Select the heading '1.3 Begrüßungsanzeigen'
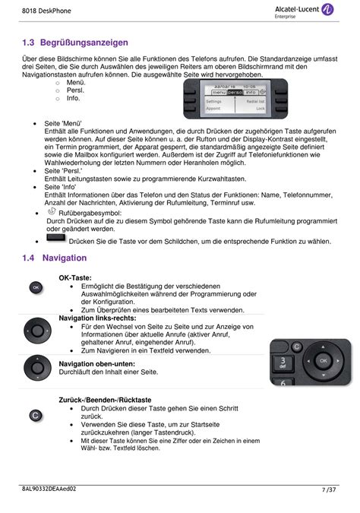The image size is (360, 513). coord(75,43)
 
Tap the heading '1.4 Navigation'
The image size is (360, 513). coord(54,258)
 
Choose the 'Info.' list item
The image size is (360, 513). coord(74,99)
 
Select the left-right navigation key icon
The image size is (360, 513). coord(36,331)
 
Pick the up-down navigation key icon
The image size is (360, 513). coord(36,372)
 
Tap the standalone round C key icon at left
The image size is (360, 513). coord(35,416)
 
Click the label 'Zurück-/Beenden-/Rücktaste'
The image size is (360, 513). coord(105,400)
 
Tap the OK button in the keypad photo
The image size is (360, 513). coord(324,359)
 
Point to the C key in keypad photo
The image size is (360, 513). coord(298,347)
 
